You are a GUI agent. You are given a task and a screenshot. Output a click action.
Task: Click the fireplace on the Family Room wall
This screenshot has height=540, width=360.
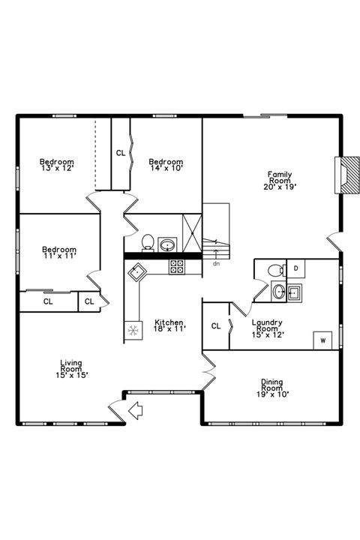pos(347,175)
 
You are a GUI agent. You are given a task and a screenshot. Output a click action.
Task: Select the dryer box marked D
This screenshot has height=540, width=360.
pos(295,268)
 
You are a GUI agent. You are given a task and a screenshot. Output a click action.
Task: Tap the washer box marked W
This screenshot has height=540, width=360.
pos(323,340)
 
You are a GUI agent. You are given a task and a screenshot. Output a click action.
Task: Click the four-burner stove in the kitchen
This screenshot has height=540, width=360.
pos(177,264)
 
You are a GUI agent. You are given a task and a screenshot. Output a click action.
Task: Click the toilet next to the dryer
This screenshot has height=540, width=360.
pos(274,269)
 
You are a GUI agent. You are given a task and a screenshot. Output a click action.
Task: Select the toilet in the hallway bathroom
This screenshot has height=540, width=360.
pos(148,242)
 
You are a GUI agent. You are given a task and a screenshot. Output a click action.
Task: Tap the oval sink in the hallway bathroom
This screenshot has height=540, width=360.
pos(167,244)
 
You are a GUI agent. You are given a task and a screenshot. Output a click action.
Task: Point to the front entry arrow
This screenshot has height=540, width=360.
pos(136,410)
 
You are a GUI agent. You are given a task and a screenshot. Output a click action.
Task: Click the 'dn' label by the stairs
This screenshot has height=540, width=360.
pos(216,264)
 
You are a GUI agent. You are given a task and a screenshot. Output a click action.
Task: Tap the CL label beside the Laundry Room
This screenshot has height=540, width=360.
pos(215,325)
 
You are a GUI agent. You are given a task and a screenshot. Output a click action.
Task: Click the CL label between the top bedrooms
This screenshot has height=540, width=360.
pos(121,153)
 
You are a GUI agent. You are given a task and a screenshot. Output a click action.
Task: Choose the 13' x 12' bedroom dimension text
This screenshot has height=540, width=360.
pos(57,169)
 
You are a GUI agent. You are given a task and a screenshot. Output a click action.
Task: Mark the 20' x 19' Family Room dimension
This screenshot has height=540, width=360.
pos(280,185)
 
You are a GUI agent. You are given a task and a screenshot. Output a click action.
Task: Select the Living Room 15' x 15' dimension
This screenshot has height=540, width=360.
pos(71,375)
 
